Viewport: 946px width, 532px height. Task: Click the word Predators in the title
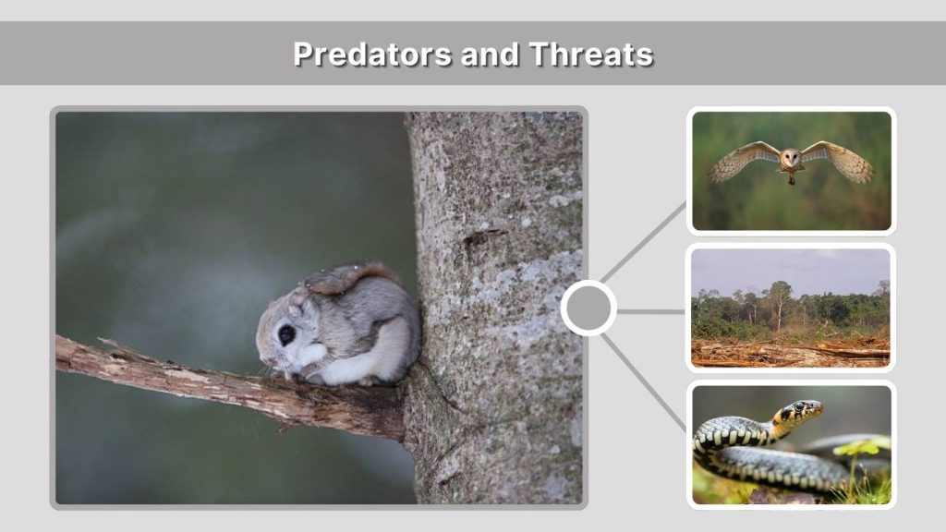362,54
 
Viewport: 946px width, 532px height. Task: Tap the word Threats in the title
591,54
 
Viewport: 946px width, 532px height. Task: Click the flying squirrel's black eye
287,334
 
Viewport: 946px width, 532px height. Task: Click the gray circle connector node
588,308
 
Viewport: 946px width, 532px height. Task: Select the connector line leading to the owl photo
646,242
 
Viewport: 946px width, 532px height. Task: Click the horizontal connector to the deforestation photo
650,311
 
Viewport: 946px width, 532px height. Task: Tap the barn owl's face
791,158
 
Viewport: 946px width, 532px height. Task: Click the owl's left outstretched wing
743,161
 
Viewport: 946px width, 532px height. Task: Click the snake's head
802,410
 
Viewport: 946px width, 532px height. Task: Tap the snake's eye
798,407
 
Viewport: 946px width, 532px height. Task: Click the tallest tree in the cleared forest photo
778,300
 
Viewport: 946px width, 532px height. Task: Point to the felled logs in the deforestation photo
831,351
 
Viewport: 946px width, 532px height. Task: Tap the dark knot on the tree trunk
477,237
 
